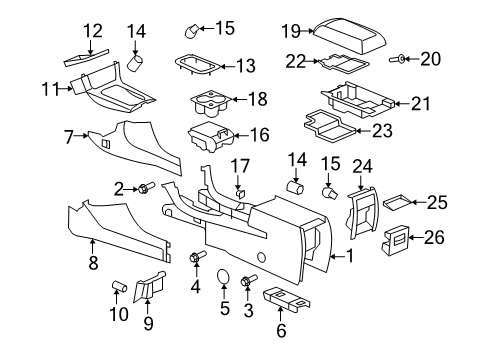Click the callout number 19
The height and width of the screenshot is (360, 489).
point(290,30)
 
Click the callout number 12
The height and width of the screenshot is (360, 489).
point(92,31)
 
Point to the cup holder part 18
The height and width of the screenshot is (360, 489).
point(212,101)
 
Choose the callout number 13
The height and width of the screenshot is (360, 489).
point(245,66)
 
